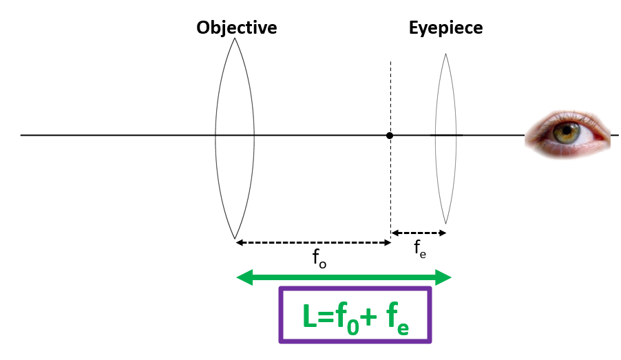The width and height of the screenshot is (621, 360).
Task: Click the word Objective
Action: point(236,28)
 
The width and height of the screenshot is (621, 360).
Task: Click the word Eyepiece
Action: point(445,28)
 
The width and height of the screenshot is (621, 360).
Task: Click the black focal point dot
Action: point(390,136)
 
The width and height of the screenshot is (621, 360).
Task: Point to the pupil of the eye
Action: point(568,129)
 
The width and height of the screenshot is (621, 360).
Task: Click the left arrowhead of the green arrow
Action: point(241,277)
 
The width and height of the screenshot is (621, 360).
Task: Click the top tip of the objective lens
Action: point(235,39)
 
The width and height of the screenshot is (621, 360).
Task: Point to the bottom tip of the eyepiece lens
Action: point(446,224)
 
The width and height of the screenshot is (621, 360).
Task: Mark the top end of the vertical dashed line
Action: point(390,62)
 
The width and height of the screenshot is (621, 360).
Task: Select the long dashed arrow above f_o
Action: point(313,242)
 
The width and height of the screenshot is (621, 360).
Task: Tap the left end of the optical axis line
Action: point(22,135)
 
